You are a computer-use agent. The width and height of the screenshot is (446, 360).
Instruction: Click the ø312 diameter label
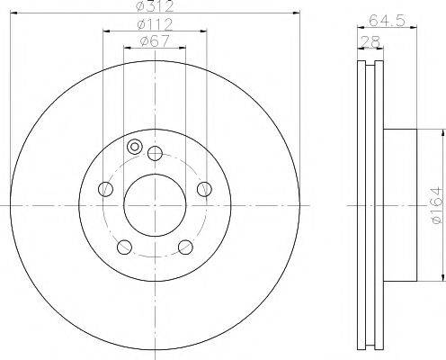point(155,7)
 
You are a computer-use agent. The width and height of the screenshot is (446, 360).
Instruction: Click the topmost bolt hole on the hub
point(155,152)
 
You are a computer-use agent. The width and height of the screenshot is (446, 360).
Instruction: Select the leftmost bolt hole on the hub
point(105,188)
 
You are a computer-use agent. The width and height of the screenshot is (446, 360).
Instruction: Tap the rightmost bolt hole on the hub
point(204,188)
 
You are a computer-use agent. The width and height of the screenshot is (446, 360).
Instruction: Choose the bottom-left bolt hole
point(124,247)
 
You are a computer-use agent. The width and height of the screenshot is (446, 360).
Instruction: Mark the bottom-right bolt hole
point(185,247)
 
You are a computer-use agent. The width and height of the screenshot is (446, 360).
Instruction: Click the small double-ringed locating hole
point(135,148)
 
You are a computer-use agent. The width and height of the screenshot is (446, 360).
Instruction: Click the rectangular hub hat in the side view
point(401,204)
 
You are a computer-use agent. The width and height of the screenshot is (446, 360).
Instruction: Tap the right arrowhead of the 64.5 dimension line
point(416,29)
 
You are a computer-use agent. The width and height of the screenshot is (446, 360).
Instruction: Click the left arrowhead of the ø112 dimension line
point(106,31)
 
